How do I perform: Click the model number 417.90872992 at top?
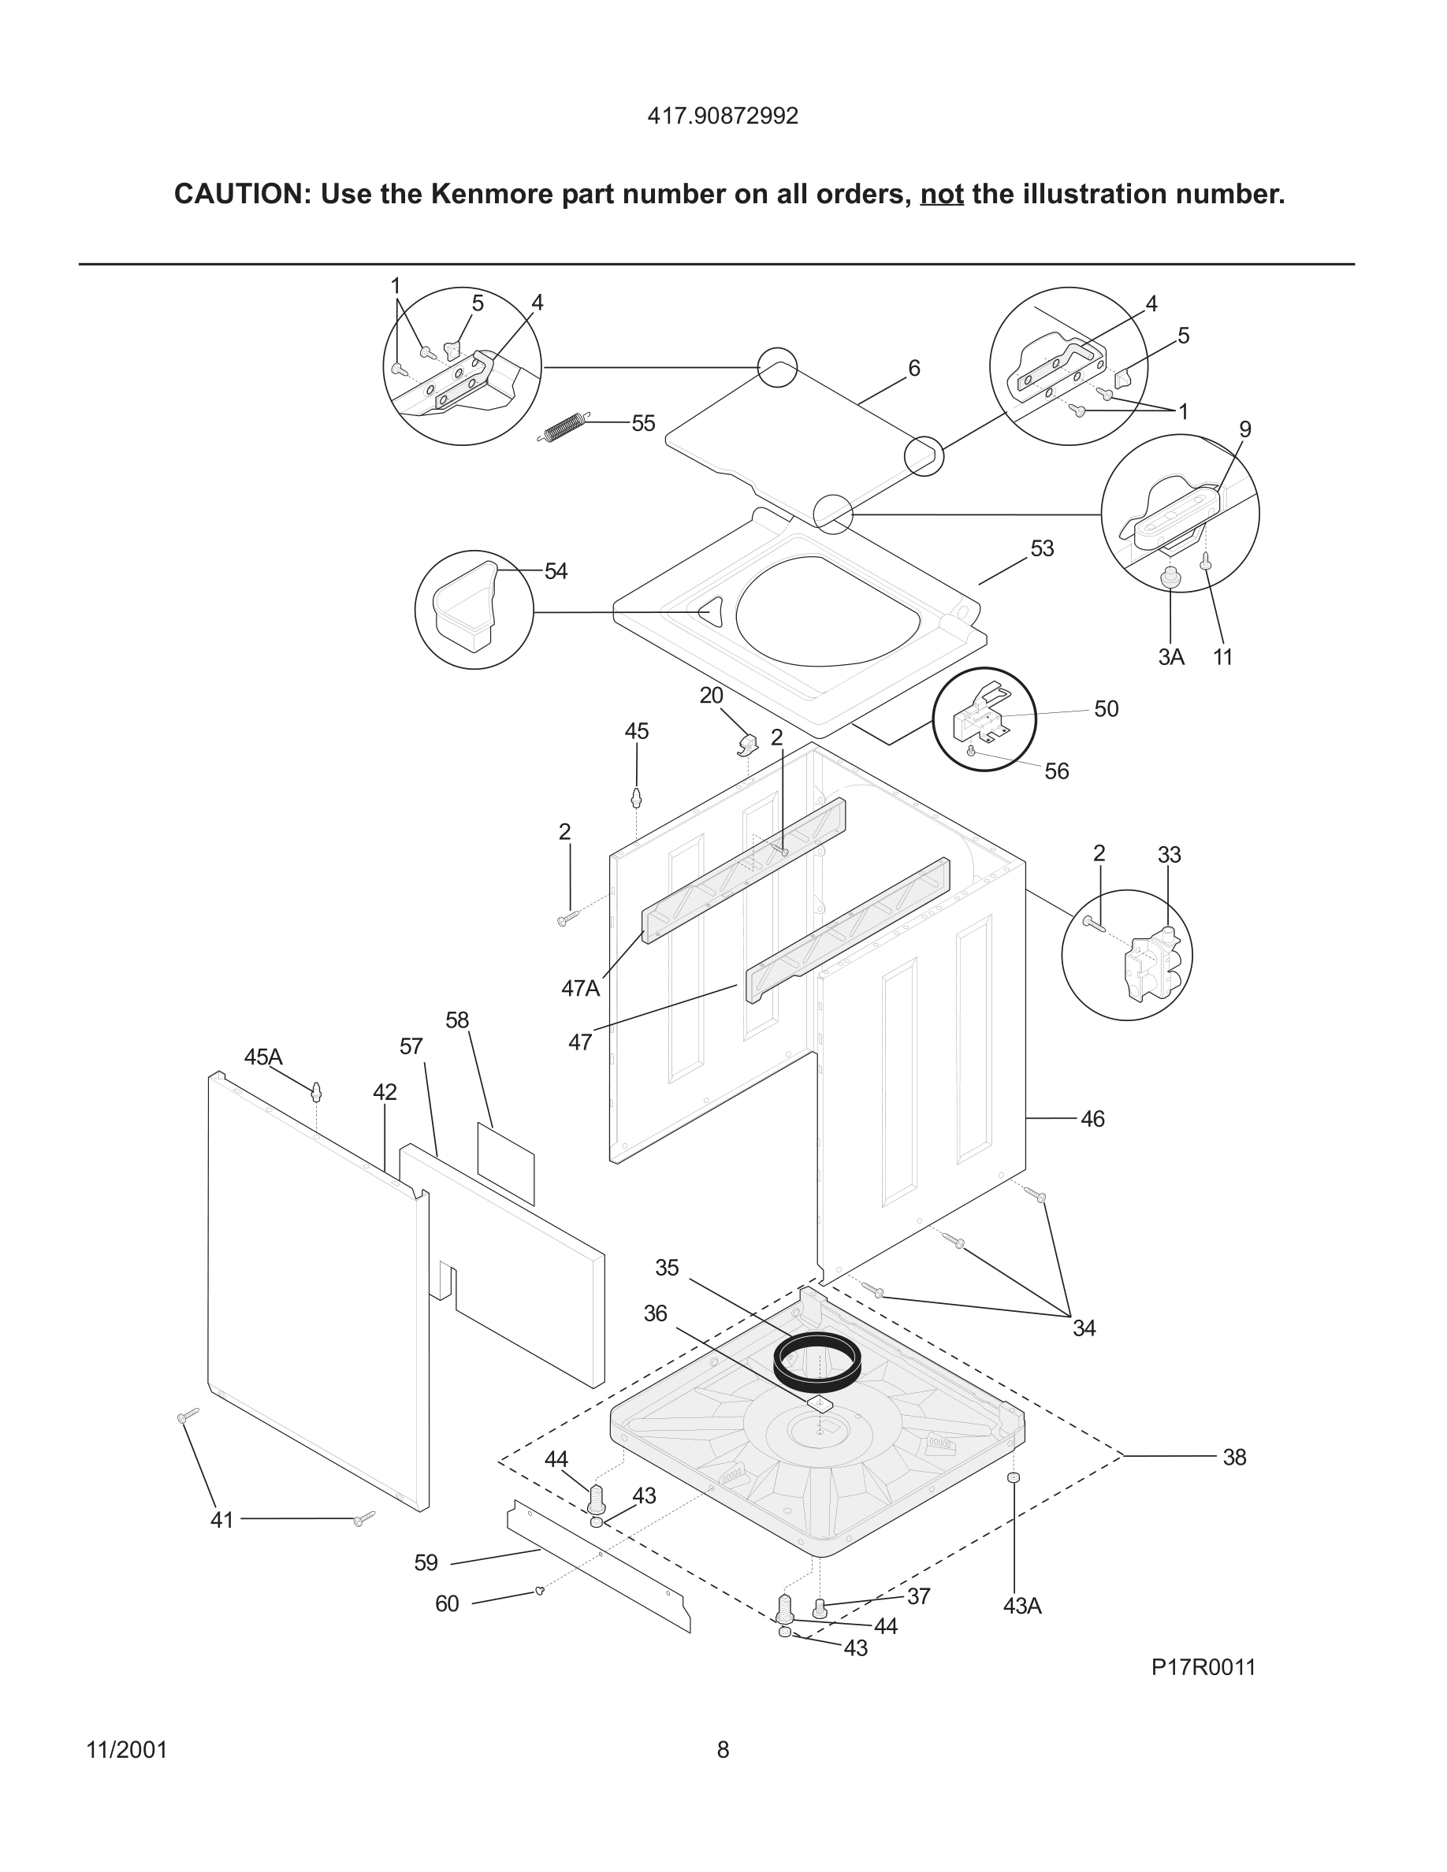pyautogui.click(x=723, y=117)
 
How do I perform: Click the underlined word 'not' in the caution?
pyautogui.click(x=941, y=195)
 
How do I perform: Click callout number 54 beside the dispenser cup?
pyautogui.click(x=556, y=572)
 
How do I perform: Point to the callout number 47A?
pyautogui.click(x=580, y=988)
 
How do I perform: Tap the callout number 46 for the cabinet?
pyautogui.click(x=1092, y=1119)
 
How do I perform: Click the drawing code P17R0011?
pyautogui.click(x=1203, y=1667)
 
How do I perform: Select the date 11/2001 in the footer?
pyautogui.click(x=127, y=1751)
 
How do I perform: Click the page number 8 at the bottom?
pyautogui.click(x=723, y=1751)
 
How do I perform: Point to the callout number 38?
pyautogui.click(x=1233, y=1457)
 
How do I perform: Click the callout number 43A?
pyautogui.click(x=1022, y=1606)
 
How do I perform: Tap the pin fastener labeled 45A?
pyautogui.click(x=316, y=1092)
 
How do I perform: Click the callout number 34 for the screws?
pyautogui.click(x=1084, y=1328)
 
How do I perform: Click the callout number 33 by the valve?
pyautogui.click(x=1169, y=855)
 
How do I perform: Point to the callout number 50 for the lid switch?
pyautogui.click(x=1106, y=709)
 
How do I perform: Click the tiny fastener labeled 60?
pyautogui.click(x=539, y=1591)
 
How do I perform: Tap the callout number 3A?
pyautogui.click(x=1171, y=657)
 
